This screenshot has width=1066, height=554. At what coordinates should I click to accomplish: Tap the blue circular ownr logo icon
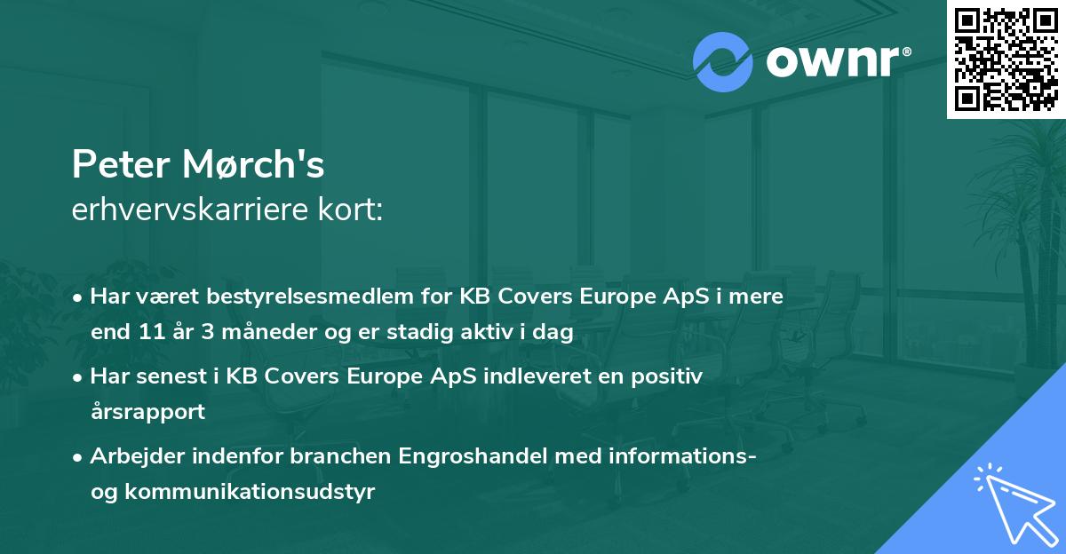coord(722,62)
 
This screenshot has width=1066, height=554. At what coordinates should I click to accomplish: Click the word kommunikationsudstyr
coord(251,492)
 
